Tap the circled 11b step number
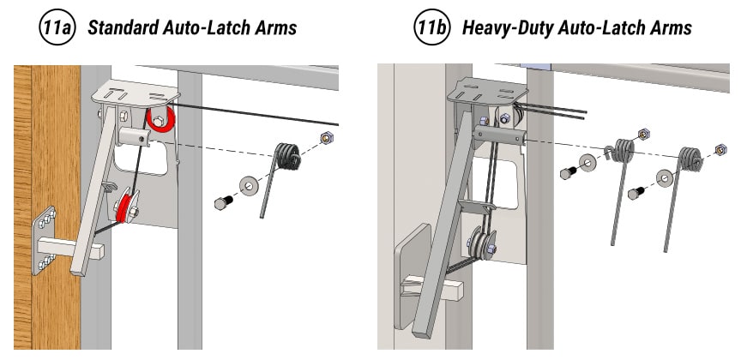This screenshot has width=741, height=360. (x=429, y=27)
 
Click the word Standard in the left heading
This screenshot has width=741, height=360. (x=120, y=27)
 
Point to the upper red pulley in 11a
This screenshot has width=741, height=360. (x=160, y=120)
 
